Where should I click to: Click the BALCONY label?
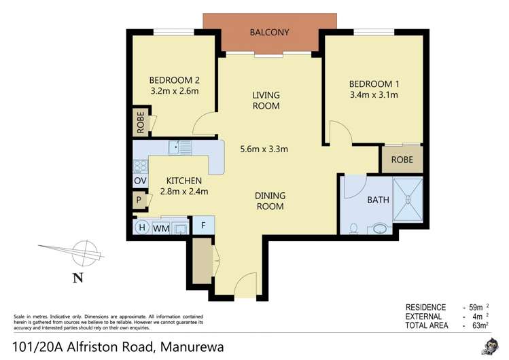(x=270, y=32)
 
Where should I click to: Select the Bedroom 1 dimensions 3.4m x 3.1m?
(x=373, y=95)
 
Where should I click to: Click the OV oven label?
(x=140, y=181)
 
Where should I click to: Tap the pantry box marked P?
(x=139, y=200)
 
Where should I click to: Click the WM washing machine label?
(x=161, y=228)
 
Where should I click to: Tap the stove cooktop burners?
(x=140, y=165)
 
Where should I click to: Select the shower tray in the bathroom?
(x=408, y=200)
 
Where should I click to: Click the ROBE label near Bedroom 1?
(x=402, y=161)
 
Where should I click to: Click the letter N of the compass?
(x=77, y=276)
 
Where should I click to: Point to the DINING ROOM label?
(x=270, y=201)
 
